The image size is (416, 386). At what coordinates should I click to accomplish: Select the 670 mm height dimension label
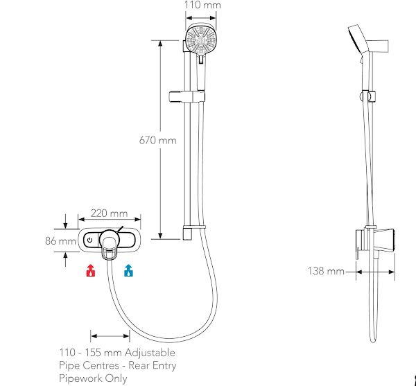(x=158, y=140)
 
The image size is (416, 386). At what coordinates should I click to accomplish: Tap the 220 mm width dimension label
(x=110, y=213)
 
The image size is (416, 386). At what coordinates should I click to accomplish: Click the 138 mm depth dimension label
(x=326, y=271)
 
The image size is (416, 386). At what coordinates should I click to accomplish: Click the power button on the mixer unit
(x=89, y=240)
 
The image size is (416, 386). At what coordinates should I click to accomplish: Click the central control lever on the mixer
(x=110, y=243)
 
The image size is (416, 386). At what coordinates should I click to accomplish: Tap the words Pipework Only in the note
(x=93, y=378)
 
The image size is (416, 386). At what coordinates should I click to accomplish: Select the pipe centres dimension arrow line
(x=110, y=336)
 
